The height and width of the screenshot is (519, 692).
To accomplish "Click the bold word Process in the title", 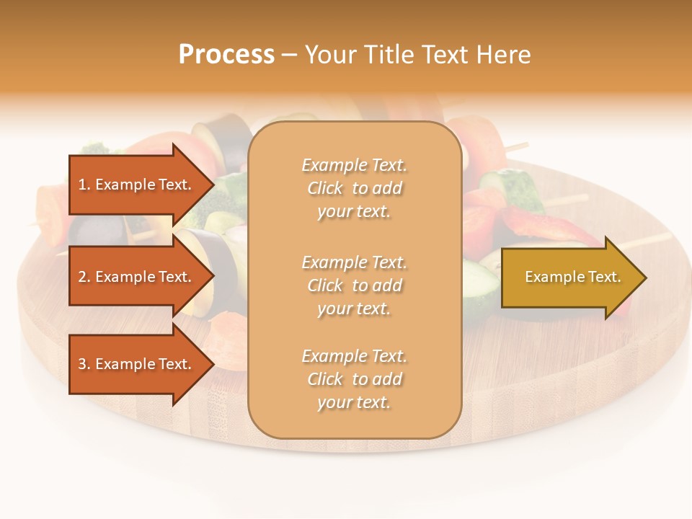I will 226,55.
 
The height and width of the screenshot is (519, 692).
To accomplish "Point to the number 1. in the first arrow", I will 84,185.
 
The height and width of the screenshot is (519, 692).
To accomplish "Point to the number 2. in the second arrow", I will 84,277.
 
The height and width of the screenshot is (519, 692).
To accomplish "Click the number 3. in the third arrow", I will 84,364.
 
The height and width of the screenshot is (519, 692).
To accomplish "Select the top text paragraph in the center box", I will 354,188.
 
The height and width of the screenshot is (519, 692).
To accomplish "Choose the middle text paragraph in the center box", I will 354,285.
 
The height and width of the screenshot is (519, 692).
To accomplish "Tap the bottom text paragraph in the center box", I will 354,379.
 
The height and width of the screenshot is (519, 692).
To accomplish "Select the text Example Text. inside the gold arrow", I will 573,277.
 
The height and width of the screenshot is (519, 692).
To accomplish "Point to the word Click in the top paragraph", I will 325,188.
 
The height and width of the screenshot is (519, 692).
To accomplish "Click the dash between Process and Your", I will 289,55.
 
